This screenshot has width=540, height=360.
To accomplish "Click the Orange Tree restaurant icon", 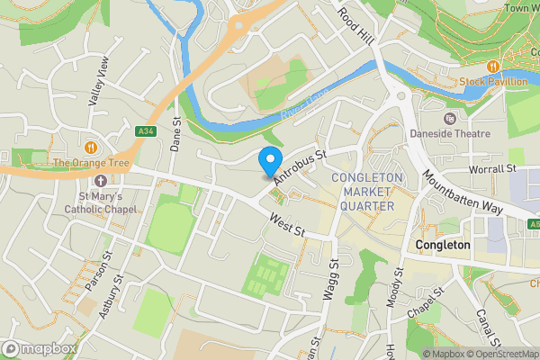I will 90,147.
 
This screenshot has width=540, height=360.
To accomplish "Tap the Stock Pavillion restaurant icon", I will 492,67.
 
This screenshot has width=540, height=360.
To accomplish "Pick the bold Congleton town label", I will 443,245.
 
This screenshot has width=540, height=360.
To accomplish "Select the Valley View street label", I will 97,82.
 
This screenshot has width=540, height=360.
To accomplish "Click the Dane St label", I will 176,133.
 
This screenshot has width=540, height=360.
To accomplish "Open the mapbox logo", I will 39,348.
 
